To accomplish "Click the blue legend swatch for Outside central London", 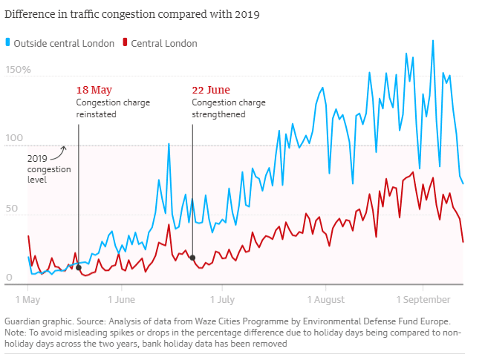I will (8, 43).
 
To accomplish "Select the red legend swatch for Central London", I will (126, 43).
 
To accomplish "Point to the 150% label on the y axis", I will (18, 70).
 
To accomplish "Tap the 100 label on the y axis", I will (15, 139).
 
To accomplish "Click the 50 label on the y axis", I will (13, 209).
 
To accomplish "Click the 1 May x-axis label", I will (27, 300).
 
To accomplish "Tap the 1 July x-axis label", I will (222, 300).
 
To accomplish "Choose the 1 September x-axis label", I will (423, 300).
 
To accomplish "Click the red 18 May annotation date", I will (94, 91).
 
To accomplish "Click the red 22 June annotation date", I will (210, 91).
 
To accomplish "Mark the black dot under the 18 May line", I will (79, 267).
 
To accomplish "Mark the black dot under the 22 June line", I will (192, 258).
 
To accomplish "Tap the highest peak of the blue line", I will (432, 40).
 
